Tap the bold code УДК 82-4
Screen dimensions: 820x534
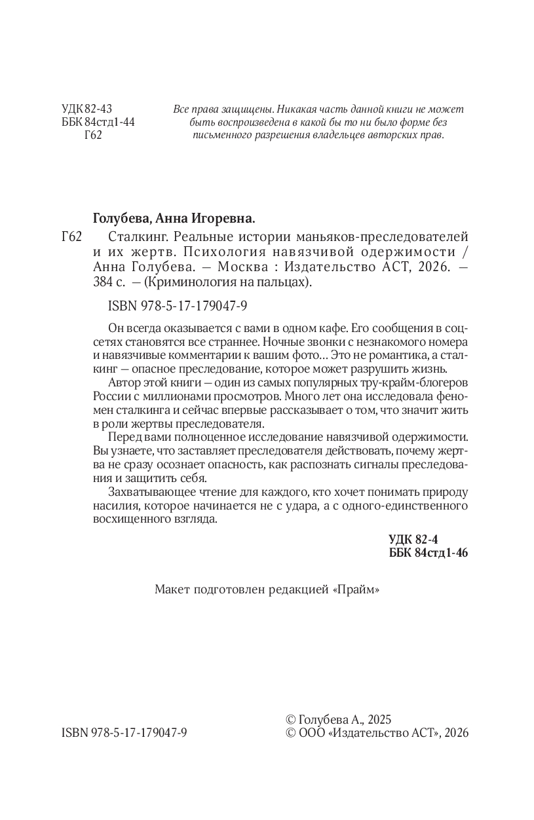(x=412, y=540)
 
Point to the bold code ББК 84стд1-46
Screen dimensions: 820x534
(x=429, y=553)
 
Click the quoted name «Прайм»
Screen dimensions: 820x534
(x=356, y=589)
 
